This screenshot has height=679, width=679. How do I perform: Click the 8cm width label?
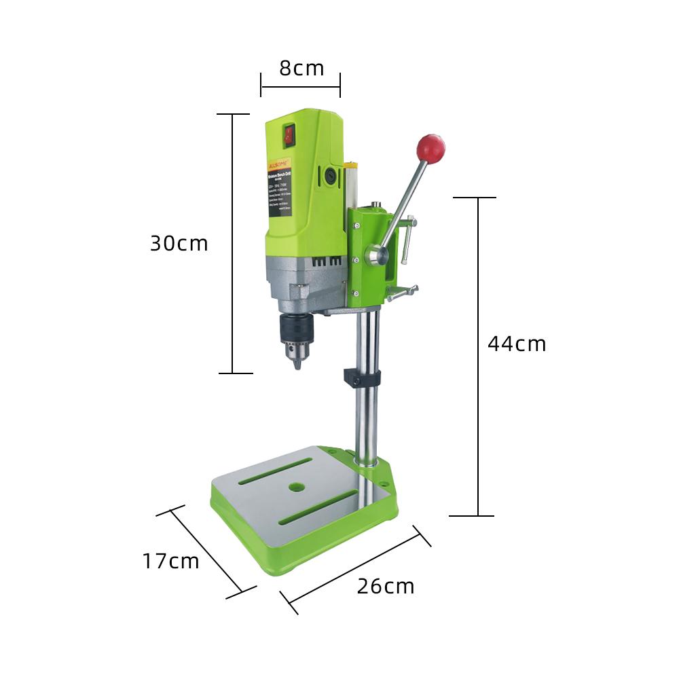pos(301,69)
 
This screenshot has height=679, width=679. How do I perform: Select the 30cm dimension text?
pos(179,244)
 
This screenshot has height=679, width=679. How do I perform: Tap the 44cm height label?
pos(517,344)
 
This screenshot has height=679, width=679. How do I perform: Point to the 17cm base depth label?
pos(171,562)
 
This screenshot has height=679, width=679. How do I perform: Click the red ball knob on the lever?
pos(430,148)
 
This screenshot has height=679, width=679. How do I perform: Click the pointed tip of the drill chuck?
pos(297,366)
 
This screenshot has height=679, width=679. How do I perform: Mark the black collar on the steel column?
pos(362,378)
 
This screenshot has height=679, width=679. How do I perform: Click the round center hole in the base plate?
pos(296,487)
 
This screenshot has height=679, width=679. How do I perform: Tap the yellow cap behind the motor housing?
pos(350,164)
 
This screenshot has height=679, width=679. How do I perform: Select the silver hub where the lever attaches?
pos(375,256)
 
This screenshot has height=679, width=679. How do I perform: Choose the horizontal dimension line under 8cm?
pos(300,86)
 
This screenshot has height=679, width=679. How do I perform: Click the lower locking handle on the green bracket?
pos(402,293)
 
